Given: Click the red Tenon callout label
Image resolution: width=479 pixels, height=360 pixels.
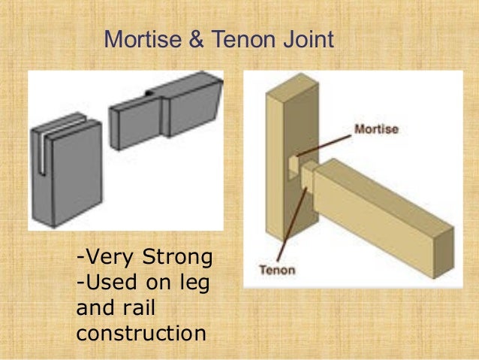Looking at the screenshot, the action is pos(278,268).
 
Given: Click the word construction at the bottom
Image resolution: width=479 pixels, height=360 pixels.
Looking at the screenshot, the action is pos(140,331).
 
